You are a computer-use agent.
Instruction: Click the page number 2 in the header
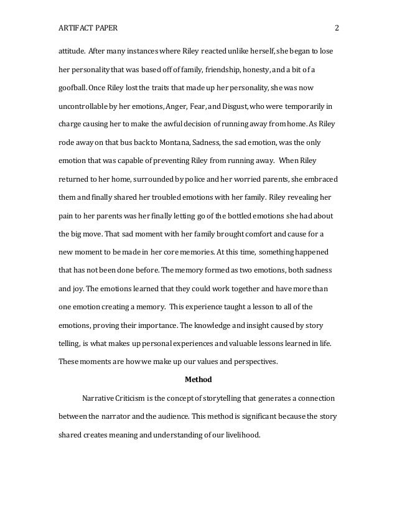pos(336,28)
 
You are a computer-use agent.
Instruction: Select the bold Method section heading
pos(198,379)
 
